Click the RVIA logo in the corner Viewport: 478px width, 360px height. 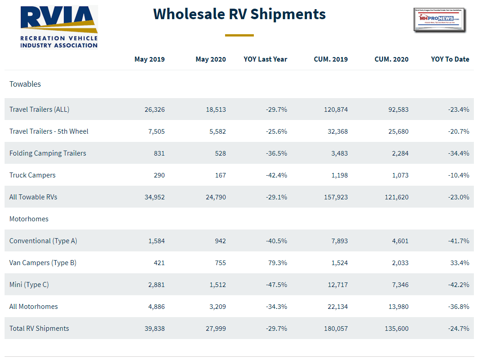coord(59,27)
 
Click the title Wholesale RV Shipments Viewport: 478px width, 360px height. coord(239,14)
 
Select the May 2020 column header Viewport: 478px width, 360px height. coord(210,59)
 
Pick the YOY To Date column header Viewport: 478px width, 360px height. coord(450,59)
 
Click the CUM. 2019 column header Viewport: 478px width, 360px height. coord(331,59)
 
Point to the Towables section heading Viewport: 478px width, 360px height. coord(25,84)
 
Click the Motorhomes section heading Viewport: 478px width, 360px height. coord(29,219)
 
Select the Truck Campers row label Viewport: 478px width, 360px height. coord(32,175)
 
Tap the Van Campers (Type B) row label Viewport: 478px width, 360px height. coord(43,263)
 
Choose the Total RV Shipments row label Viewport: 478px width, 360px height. coord(39,329)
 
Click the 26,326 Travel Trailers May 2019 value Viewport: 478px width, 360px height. coord(154,110)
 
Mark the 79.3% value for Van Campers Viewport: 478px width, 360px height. coord(278,263)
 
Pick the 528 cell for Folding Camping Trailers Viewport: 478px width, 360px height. coord(221,153)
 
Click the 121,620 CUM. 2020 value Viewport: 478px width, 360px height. coord(394,197)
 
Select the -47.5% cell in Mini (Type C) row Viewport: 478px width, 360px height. coord(276,285)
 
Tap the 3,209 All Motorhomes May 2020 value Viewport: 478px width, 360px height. coord(216,307)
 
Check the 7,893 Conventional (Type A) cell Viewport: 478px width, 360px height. coord(338,241)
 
